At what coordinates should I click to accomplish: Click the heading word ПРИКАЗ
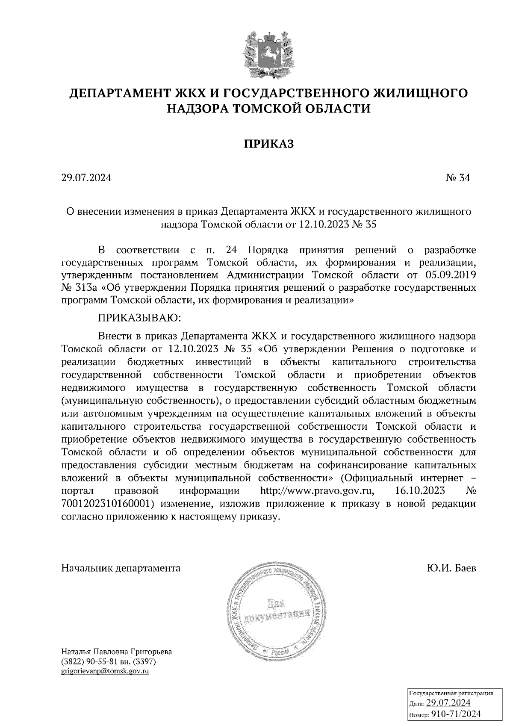click(268, 144)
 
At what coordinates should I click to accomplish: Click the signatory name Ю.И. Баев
click(451, 568)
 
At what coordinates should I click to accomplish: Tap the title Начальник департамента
click(121, 568)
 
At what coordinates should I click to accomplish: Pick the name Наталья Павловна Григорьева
click(117, 652)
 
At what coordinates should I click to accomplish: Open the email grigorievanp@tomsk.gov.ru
click(105, 671)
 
